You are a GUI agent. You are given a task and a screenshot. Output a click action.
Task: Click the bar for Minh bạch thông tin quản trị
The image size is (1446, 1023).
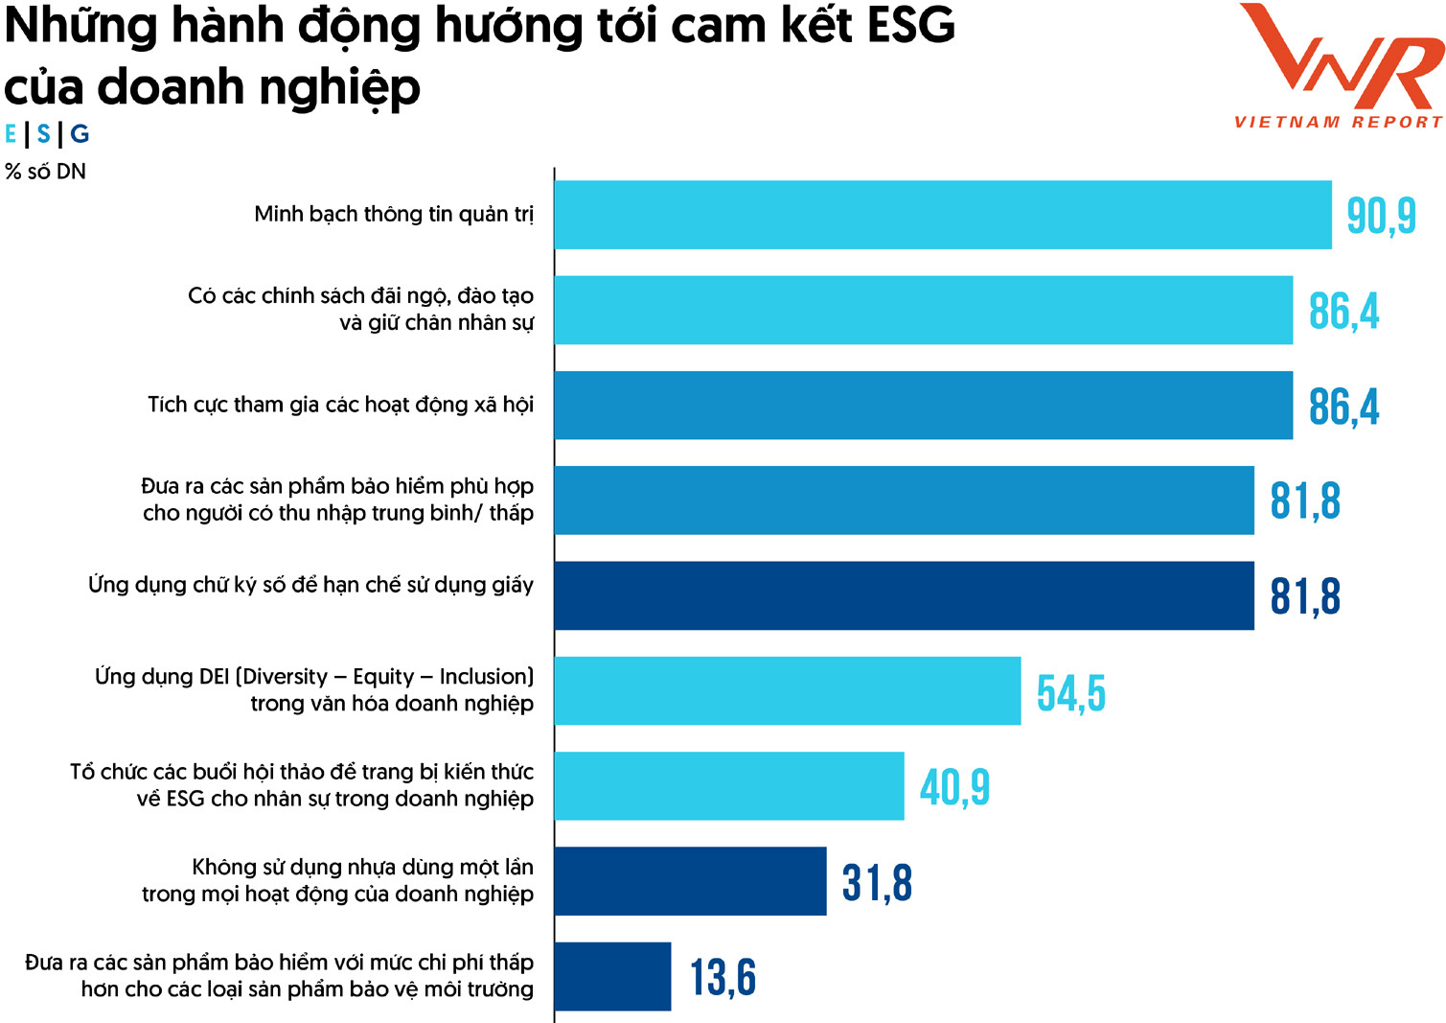(x=942, y=215)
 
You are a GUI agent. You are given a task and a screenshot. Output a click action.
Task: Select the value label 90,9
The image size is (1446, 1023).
(x=1381, y=216)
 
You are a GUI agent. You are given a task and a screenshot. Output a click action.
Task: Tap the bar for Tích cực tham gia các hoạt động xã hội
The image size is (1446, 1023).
(x=923, y=406)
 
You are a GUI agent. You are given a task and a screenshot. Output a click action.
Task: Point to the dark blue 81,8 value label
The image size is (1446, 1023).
(x=1305, y=596)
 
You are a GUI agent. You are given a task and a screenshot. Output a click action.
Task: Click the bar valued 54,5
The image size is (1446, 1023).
(x=787, y=691)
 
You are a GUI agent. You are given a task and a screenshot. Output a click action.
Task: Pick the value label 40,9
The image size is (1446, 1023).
(x=954, y=787)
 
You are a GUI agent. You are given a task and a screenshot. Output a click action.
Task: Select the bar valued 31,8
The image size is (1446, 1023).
(x=690, y=881)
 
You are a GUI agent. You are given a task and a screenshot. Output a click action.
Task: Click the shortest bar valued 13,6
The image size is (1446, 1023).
(x=612, y=976)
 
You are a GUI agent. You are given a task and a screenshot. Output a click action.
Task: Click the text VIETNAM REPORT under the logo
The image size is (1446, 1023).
(x=1338, y=123)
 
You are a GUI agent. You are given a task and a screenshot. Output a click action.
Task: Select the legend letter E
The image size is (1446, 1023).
(x=11, y=134)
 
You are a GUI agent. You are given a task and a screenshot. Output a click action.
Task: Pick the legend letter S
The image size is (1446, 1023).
(x=43, y=134)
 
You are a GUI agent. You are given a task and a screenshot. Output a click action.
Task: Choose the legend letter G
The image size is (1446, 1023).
(x=80, y=134)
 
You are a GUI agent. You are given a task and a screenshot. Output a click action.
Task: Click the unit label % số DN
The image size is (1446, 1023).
(x=45, y=172)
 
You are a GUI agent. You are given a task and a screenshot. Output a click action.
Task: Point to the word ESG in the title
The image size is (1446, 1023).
(x=910, y=27)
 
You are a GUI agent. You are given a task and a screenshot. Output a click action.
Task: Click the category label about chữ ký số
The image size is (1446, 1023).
(x=310, y=585)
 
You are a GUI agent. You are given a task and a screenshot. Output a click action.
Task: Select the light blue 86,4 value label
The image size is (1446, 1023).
(x=1343, y=312)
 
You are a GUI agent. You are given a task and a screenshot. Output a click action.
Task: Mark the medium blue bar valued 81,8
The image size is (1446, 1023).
(x=904, y=500)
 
